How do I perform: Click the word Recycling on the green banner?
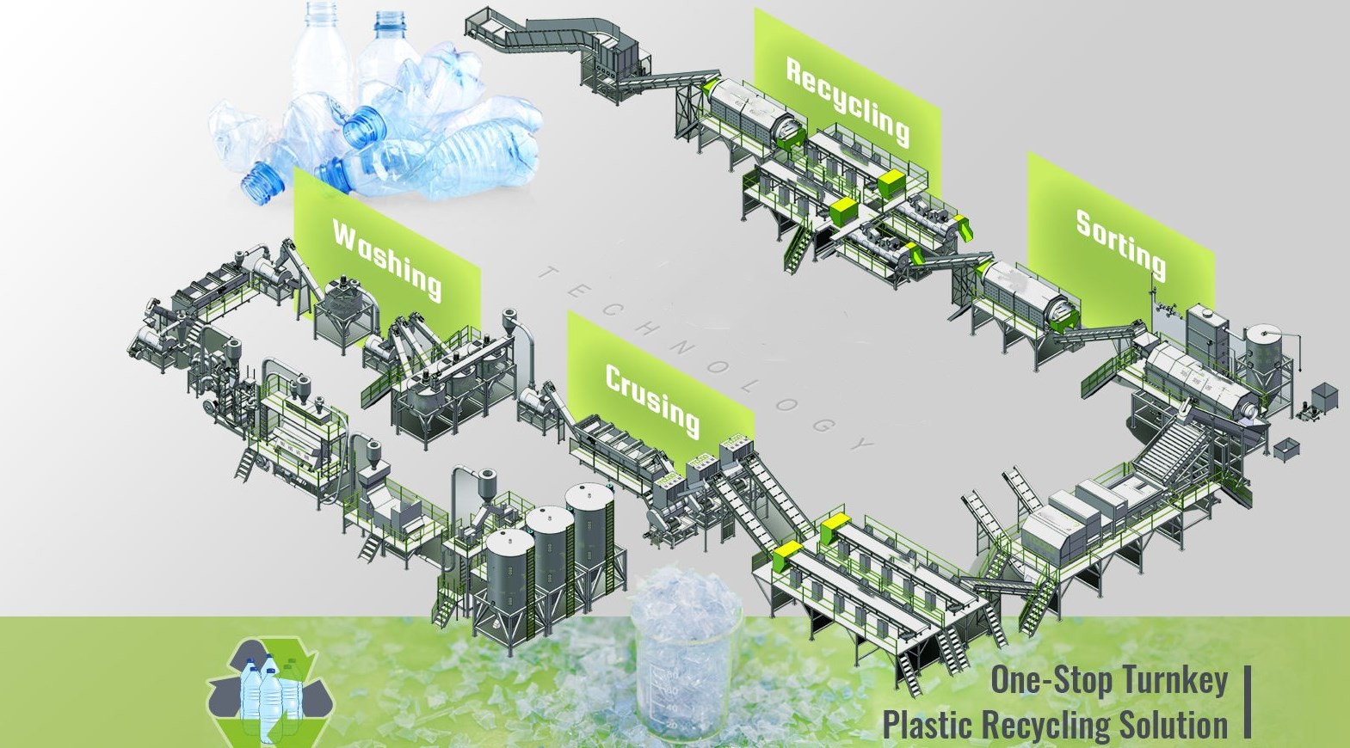click(x=848, y=101)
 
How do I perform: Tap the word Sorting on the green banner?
click(x=1120, y=244)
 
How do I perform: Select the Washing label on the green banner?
click(x=387, y=258)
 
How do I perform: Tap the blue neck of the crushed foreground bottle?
click(x=362, y=126)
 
